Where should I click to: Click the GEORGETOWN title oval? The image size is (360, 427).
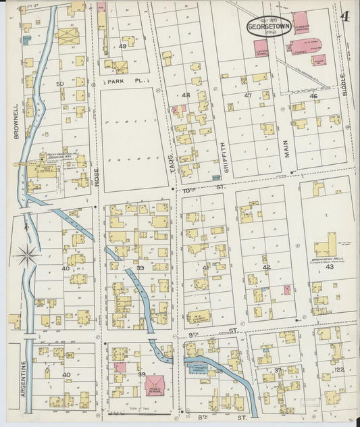(x=265, y=26)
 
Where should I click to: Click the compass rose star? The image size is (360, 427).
(x=27, y=255)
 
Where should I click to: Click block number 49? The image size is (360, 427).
(x=122, y=46)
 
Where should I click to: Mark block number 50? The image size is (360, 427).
(x=60, y=84)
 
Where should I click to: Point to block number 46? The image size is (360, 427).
(x=313, y=96)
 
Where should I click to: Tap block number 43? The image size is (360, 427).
(x=330, y=267)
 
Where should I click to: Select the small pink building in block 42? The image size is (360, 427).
(x=286, y=290)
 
